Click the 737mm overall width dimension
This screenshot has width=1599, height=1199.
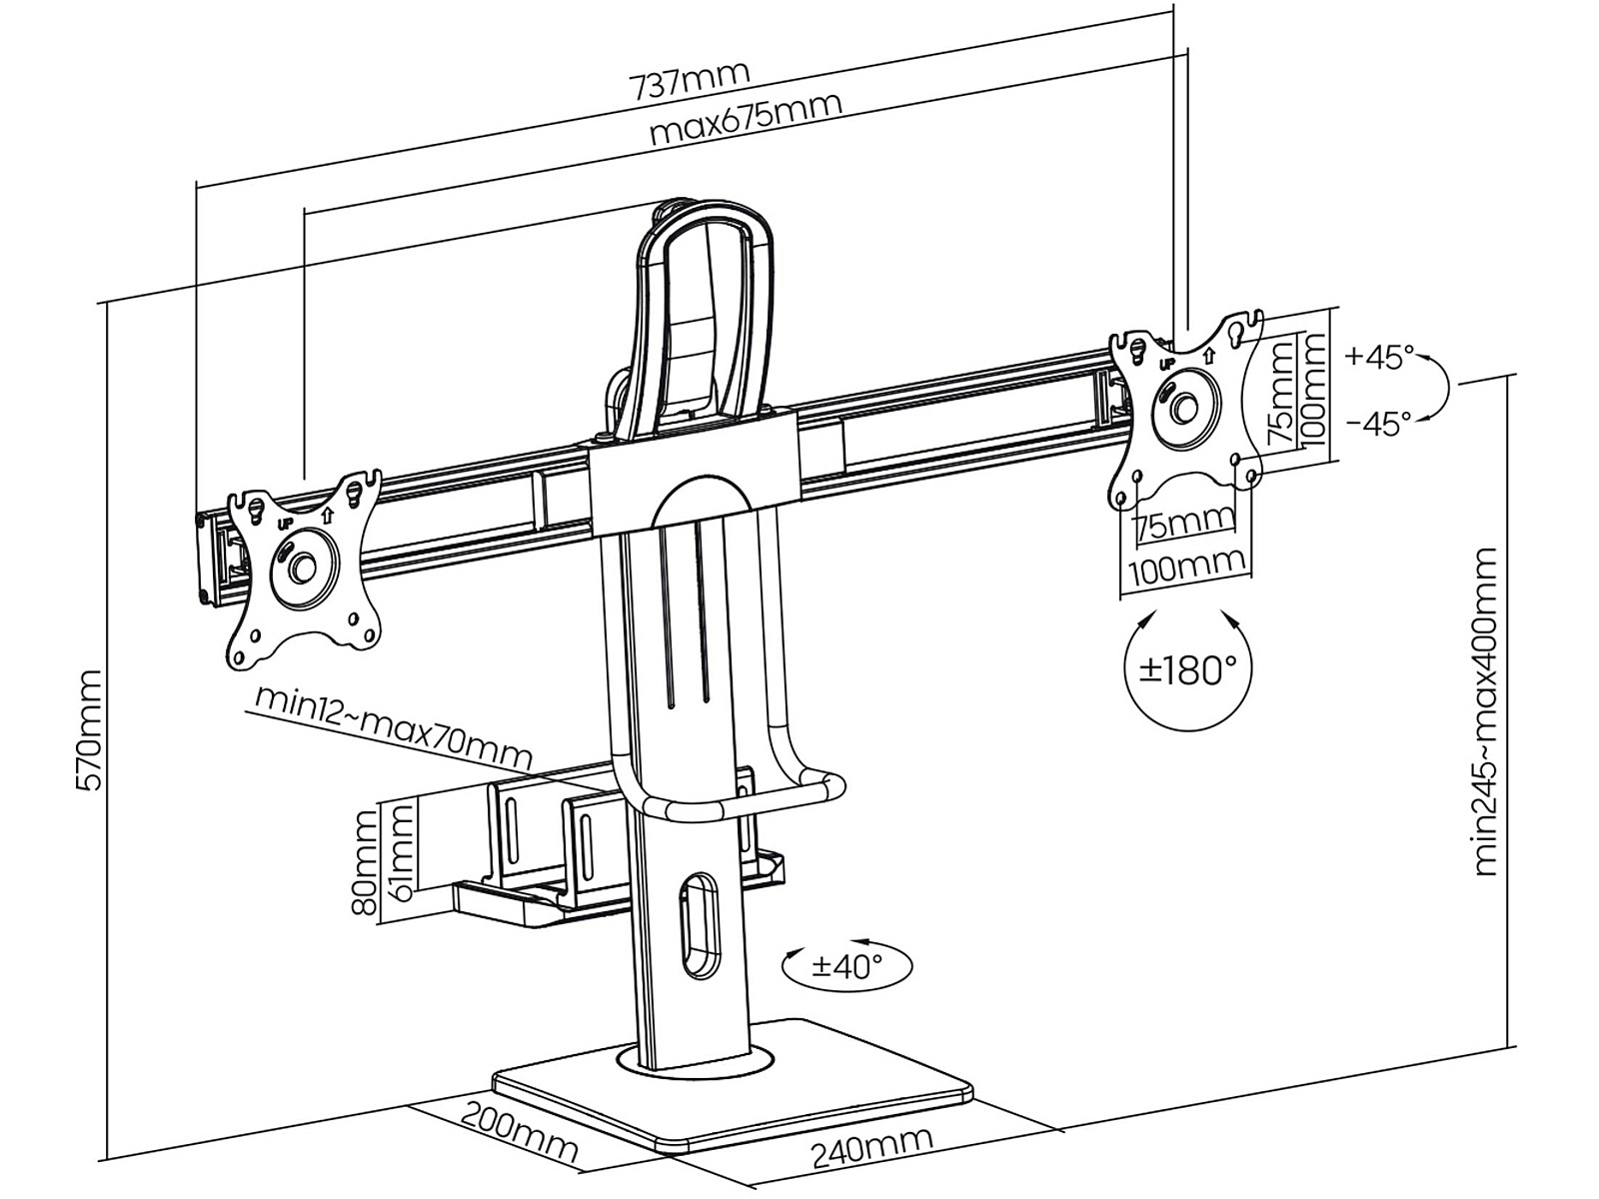pos(690,80)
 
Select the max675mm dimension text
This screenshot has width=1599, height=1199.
pos(745,119)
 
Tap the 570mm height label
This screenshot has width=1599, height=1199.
pos(89,728)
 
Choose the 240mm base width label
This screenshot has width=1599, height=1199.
pos(870,1151)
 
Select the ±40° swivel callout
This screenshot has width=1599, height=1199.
pos(847,965)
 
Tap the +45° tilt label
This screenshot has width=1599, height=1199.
pos(1380,357)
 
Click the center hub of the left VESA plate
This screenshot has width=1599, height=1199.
pos(300,566)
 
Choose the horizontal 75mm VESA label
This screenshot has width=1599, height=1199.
pos(1185,523)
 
